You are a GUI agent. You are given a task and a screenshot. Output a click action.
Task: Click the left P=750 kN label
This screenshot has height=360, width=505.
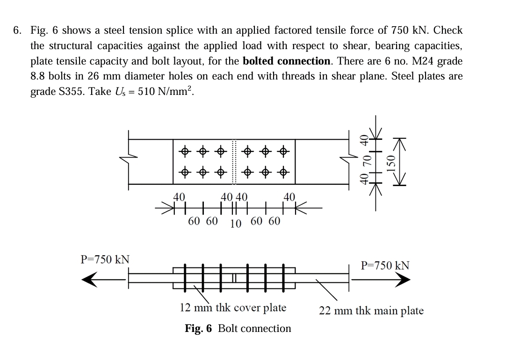coord(105,259)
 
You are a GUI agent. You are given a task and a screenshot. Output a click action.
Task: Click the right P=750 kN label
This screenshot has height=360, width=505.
coord(386,266)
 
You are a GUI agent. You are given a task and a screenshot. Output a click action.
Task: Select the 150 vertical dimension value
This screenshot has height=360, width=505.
coord(393,163)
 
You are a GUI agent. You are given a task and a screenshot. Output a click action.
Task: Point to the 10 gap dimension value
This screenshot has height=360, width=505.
coord(236,223)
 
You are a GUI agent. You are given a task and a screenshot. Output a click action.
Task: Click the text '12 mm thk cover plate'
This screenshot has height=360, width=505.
coord(233,308)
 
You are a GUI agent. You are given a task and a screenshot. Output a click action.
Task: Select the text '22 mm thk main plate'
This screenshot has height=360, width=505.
coord(371,311)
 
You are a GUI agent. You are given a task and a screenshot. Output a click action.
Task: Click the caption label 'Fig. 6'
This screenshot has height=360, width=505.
coord(198,329)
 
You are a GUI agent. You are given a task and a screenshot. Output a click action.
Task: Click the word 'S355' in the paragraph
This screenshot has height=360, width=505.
coord(75,91)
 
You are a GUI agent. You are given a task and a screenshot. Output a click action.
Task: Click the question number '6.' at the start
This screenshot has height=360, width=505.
coord(17,31)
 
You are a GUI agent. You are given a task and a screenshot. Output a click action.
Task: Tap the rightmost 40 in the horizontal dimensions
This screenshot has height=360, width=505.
coord(289,197)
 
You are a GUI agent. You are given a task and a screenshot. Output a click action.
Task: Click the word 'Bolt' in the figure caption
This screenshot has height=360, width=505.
coord(229,329)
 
